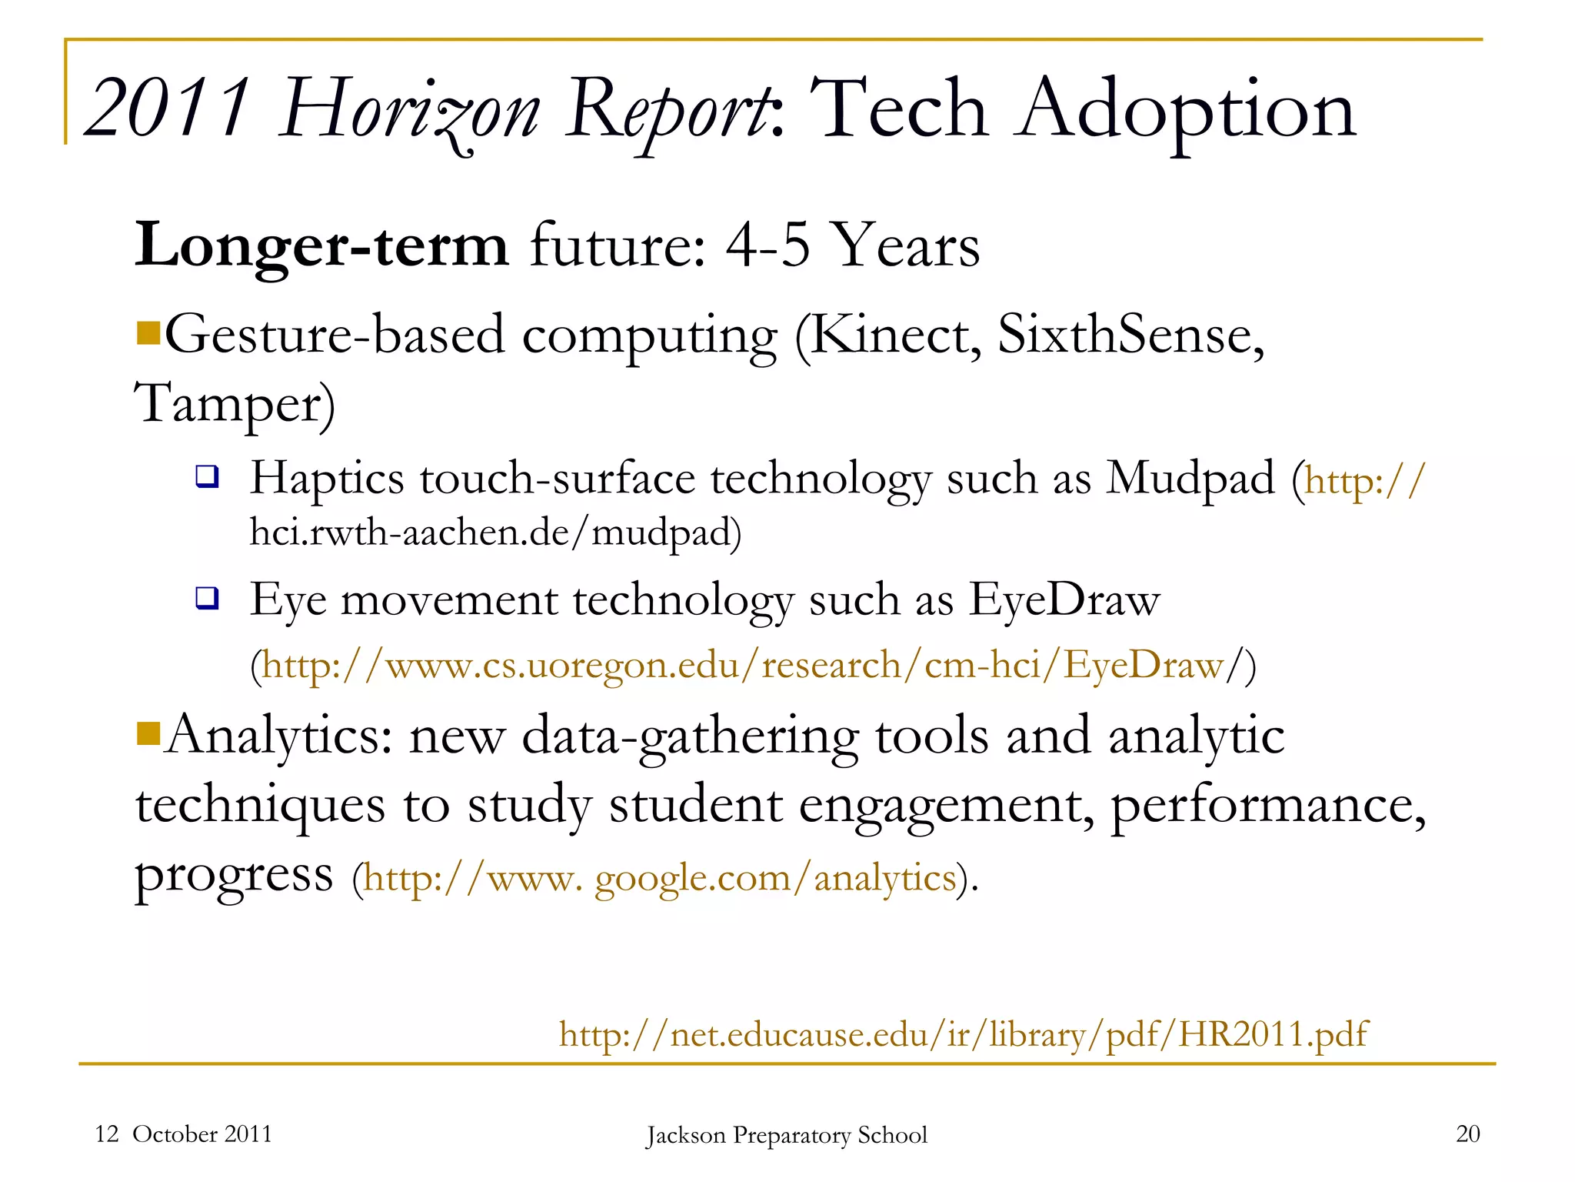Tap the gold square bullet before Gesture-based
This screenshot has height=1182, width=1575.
pos(148,334)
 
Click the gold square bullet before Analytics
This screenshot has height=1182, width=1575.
pos(148,734)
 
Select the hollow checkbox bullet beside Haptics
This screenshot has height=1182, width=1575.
pos(207,477)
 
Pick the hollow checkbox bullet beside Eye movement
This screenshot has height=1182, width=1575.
pos(207,598)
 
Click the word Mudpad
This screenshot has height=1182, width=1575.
pos(1190,479)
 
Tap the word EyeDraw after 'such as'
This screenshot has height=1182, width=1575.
pos(1064,599)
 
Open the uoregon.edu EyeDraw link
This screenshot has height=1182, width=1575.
pos(742,665)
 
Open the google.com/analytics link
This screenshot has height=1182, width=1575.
pos(659,878)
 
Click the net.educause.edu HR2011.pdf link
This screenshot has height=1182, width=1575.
pos(963,1034)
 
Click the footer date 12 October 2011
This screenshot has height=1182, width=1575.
pos(183,1134)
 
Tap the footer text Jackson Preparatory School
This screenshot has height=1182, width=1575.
pos(787,1135)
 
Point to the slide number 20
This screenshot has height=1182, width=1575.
pos(1467,1134)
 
